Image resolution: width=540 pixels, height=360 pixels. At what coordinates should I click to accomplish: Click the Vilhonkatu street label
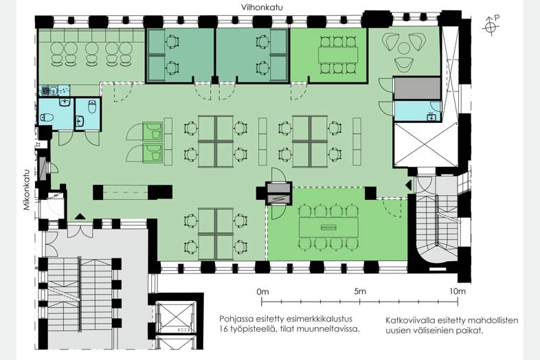pos(262,8)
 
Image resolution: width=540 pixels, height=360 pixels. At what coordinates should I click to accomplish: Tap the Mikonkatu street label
pos(27,190)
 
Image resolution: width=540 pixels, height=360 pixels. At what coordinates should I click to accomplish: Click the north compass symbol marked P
pos(491,25)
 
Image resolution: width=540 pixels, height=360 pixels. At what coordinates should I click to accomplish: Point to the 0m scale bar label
pos(262,292)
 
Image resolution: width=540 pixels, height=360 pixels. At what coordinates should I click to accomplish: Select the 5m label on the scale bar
pos(360,291)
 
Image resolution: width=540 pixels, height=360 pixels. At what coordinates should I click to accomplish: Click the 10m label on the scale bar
pos(458,291)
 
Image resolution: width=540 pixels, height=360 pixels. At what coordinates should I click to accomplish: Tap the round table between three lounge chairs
pos(403,48)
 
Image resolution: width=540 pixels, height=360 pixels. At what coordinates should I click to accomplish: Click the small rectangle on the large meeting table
pos(328,227)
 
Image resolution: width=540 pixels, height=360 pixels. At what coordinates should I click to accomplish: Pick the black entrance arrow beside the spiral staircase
pos(409,185)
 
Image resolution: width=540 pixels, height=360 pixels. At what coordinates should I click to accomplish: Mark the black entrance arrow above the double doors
pos(80,216)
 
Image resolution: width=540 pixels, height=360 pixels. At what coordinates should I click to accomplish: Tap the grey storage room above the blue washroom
pos(417,89)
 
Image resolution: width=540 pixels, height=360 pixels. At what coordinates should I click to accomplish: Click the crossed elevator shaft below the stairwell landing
pos(176,317)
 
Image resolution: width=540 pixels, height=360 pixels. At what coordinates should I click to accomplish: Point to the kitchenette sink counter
pos(54,90)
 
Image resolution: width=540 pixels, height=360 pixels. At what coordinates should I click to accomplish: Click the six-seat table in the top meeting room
pos(338,55)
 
